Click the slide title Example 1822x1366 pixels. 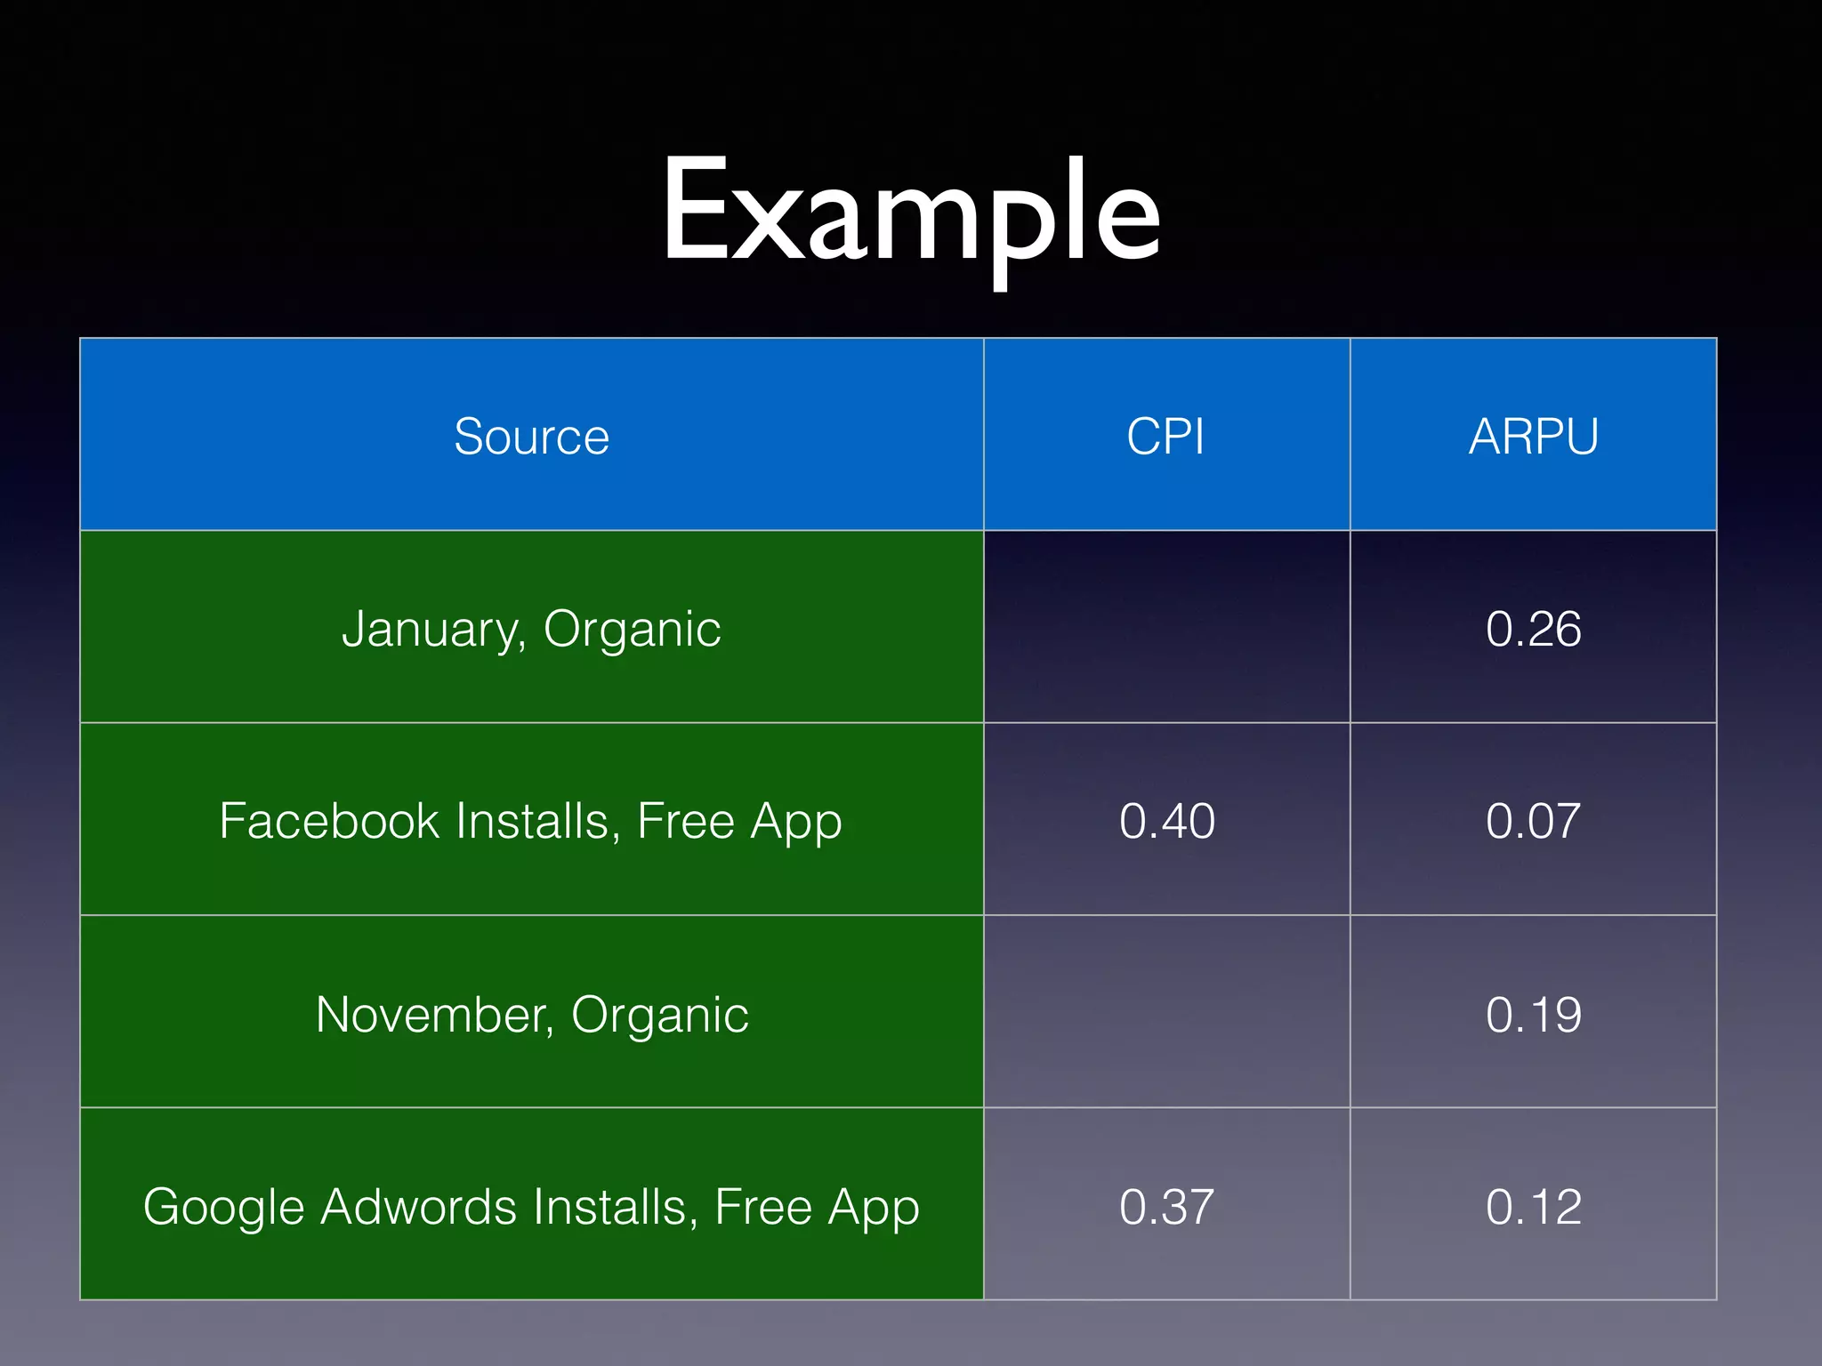910,213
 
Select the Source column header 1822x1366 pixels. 531,437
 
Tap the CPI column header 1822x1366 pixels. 1165,437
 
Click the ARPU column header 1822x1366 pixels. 1533,437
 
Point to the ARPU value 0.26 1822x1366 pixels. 1533,629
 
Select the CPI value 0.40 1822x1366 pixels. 1166,821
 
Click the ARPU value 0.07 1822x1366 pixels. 1533,821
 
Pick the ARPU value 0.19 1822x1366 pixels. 1533,1015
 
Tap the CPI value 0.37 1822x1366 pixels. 1166,1207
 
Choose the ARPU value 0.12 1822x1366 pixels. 1533,1207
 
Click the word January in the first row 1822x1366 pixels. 432,630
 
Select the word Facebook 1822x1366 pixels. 328,821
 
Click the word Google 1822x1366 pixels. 223,1208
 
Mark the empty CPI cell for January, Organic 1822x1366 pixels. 1166,627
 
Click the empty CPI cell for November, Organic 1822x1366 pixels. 1166,1012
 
